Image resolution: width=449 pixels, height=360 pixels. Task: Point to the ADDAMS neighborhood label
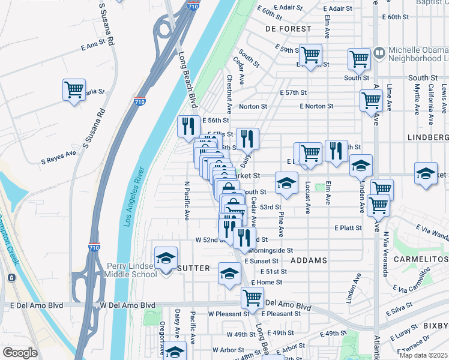(309, 260)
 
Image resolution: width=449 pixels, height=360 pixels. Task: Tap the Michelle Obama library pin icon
(379, 53)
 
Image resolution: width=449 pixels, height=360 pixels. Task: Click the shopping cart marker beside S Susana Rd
(74, 90)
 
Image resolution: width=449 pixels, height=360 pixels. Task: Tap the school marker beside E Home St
(229, 274)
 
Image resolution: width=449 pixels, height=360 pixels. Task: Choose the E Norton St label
(316, 106)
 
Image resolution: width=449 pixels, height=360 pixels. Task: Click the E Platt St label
(348, 228)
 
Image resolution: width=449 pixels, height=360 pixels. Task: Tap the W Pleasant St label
(228, 314)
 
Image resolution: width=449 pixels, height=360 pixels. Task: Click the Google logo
(20, 353)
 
